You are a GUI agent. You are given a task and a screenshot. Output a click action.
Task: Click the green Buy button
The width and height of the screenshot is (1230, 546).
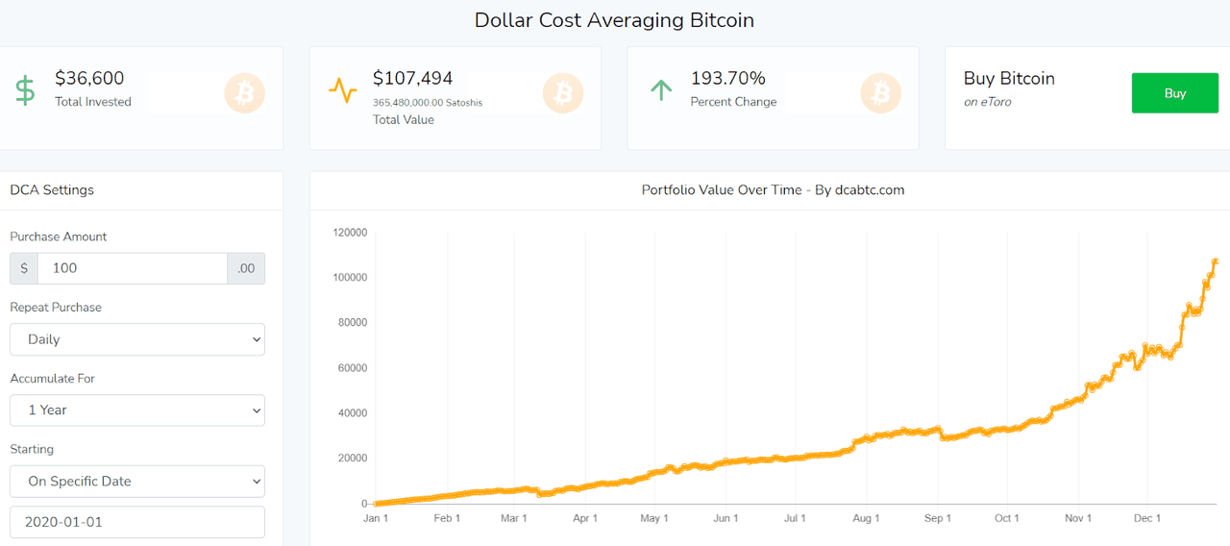tap(1174, 93)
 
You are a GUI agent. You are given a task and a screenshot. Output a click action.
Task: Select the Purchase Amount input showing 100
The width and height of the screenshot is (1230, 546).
tap(132, 268)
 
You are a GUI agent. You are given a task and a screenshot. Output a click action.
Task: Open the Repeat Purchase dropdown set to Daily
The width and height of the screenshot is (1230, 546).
tap(137, 339)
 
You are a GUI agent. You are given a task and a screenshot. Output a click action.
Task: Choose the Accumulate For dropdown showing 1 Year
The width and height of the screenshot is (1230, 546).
tap(137, 410)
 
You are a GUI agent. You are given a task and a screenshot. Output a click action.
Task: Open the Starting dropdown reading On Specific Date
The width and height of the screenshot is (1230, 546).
tap(137, 482)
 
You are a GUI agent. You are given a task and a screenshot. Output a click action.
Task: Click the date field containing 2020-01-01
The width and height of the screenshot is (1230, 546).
tap(137, 522)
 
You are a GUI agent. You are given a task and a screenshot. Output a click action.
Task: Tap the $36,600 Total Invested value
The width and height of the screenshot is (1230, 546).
tap(89, 79)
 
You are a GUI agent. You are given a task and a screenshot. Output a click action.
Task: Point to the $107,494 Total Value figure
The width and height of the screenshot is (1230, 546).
tap(412, 79)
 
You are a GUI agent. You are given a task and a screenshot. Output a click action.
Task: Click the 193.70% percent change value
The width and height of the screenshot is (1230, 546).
tap(727, 79)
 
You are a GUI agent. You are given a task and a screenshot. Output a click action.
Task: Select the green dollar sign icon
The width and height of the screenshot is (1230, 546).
tap(25, 91)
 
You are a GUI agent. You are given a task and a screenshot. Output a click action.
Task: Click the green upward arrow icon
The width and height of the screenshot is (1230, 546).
tap(660, 91)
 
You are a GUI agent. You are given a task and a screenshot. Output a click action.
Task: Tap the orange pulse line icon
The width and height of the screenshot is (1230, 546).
tap(343, 91)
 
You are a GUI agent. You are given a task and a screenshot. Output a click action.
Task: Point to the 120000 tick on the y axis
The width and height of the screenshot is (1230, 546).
tap(351, 232)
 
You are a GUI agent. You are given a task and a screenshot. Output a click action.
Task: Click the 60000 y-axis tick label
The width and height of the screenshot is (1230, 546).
tap(354, 368)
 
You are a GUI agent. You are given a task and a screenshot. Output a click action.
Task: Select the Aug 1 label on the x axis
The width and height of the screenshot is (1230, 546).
tap(866, 518)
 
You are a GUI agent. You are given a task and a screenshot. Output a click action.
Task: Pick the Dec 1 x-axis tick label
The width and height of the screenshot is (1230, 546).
tap(1148, 518)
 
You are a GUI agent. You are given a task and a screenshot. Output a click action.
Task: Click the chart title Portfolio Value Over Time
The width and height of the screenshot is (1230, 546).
tap(773, 190)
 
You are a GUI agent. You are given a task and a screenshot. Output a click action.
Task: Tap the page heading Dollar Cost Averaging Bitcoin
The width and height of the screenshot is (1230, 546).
tap(614, 20)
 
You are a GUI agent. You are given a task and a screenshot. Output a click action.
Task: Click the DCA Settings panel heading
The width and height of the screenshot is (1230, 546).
tap(52, 190)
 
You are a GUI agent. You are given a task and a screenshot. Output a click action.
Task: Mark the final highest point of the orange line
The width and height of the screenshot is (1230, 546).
tap(1216, 261)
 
